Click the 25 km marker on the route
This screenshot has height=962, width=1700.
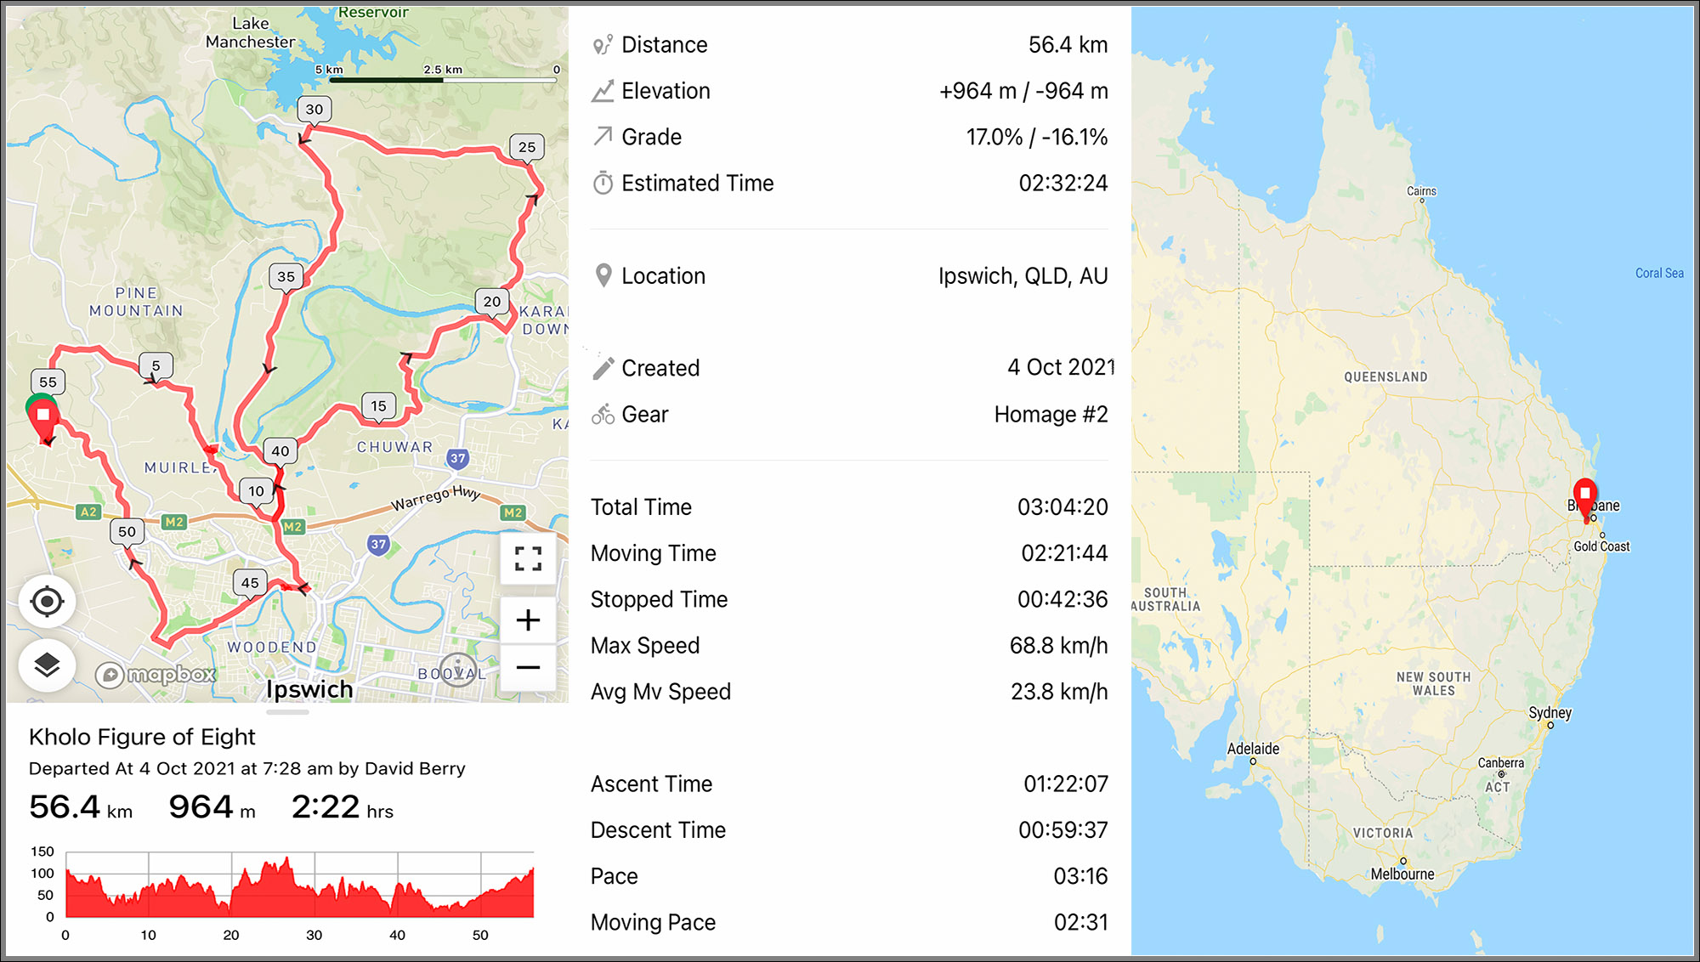(527, 147)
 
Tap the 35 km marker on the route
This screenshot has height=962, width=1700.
(286, 276)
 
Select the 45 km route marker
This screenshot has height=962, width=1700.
(250, 583)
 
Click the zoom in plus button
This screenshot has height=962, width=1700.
(528, 620)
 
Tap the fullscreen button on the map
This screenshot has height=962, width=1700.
(528, 558)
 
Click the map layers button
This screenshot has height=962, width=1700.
(47, 665)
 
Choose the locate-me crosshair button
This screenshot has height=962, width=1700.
(47, 602)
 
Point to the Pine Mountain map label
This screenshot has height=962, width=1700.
(136, 302)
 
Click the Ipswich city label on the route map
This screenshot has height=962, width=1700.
(309, 689)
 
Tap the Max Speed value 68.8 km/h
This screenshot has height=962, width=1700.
(1058, 646)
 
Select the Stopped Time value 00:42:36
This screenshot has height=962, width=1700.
(1062, 600)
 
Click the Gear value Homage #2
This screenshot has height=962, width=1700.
(1051, 415)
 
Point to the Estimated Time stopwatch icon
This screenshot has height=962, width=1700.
(603, 183)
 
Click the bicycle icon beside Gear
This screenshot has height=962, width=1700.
(603, 415)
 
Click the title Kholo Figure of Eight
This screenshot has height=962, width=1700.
(142, 737)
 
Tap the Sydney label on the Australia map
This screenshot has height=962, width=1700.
(1550, 713)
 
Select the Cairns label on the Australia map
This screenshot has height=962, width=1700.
(1421, 191)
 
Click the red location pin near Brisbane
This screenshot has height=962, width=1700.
(1584, 495)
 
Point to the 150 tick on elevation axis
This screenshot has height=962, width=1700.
(42, 852)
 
